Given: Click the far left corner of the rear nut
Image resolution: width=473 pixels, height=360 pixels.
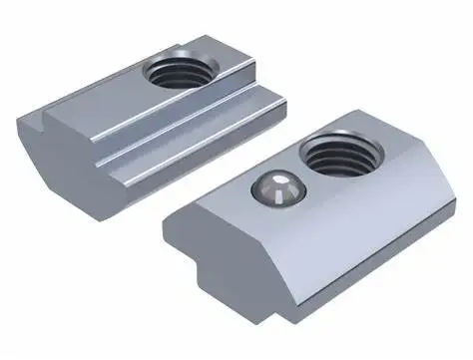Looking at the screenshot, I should pyautogui.click(x=19, y=119).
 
